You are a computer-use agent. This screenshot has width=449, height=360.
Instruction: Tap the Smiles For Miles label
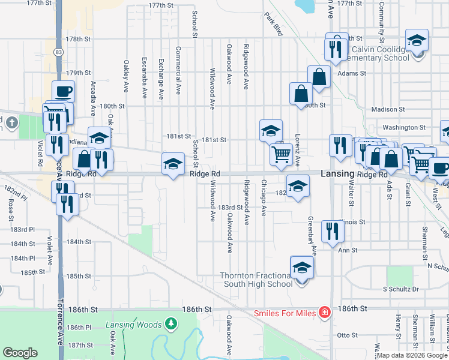tap(285, 313)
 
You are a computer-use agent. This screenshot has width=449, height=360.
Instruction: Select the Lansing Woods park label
tap(133, 325)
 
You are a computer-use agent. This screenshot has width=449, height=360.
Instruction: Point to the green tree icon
tap(172, 325)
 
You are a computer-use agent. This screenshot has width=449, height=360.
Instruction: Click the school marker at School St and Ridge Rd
tap(173, 163)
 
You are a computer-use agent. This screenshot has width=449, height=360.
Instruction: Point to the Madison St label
tap(388, 109)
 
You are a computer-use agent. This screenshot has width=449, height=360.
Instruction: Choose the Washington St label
tap(404, 127)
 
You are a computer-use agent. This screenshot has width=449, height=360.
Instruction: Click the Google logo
tap(20, 353)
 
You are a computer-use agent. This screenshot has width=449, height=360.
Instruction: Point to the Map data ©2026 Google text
tap(412, 355)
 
